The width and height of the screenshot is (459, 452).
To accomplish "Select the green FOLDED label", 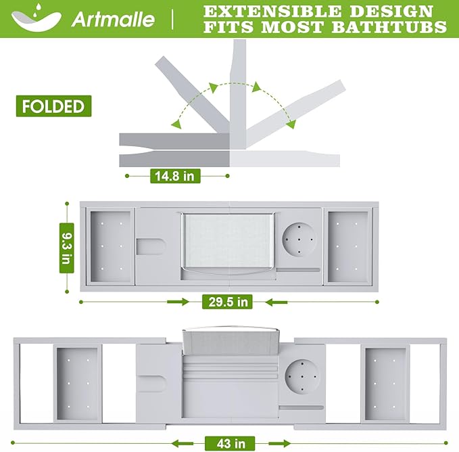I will coord(52,106).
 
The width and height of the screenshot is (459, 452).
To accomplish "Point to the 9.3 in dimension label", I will coord(66,248).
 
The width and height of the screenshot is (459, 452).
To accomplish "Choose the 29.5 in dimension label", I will coord(226,301).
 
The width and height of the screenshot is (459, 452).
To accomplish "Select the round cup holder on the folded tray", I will coord(297,240).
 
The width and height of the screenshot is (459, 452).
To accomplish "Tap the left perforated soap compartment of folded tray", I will coord(111,245).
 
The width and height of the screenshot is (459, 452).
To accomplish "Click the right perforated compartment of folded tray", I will coord(347,245).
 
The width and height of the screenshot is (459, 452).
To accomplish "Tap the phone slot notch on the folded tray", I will coord(152,245).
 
